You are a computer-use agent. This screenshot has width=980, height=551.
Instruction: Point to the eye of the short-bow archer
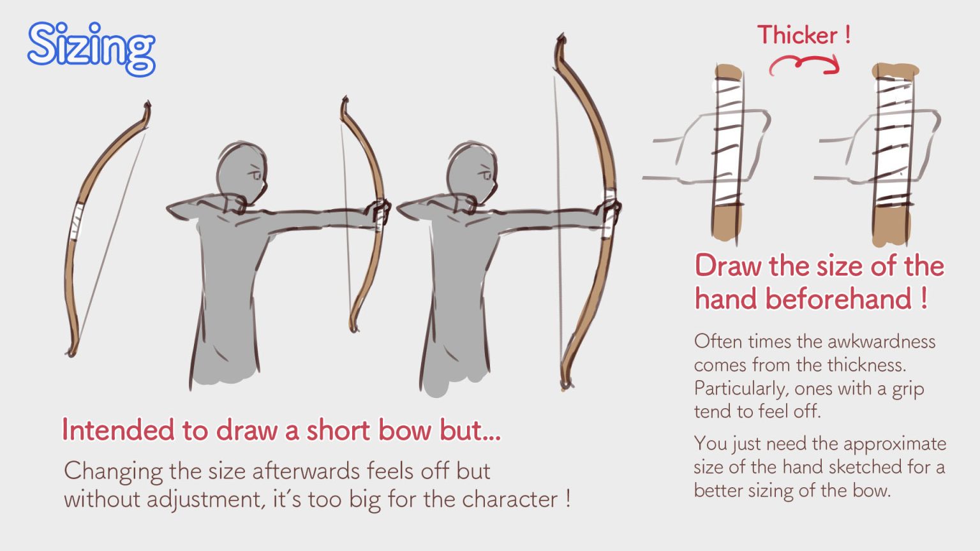[255, 173]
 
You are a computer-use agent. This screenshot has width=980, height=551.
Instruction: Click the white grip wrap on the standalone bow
[76, 221]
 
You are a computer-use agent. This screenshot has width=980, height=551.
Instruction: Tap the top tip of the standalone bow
[147, 107]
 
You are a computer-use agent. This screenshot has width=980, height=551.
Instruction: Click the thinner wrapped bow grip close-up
[727, 153]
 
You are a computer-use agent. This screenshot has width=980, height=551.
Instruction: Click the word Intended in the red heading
[117, 430]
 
